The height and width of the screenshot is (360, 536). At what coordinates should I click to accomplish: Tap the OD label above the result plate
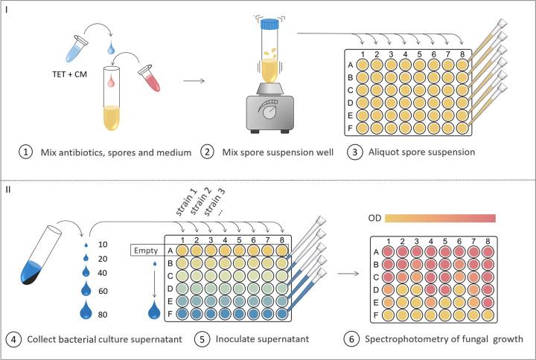click(x=378, y=217)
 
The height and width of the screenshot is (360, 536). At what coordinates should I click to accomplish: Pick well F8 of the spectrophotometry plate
click(x=488, y=315)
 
